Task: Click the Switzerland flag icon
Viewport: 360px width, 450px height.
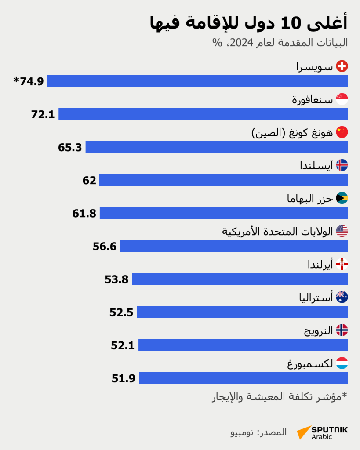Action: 342,66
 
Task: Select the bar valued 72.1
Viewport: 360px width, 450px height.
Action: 203,114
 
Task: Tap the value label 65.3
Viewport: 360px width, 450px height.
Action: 70,147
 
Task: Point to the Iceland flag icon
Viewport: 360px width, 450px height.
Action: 342,165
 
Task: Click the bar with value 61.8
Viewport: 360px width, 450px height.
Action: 224,213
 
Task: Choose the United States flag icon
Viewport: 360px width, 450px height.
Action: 342,231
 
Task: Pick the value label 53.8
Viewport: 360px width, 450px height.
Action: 116,279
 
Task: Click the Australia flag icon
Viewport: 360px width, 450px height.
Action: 342,298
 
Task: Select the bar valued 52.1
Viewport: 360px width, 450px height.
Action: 243,345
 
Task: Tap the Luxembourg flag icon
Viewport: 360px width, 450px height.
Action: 342,363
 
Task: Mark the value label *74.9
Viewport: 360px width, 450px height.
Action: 29,81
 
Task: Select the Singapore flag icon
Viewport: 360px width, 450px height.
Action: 342,99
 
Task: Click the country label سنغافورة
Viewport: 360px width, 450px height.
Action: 312,100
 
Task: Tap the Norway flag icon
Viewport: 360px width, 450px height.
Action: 342,330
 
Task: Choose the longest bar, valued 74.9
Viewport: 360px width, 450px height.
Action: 197,81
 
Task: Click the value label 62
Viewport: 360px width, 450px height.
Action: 89,180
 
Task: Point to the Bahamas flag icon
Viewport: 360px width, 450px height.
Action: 342,198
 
